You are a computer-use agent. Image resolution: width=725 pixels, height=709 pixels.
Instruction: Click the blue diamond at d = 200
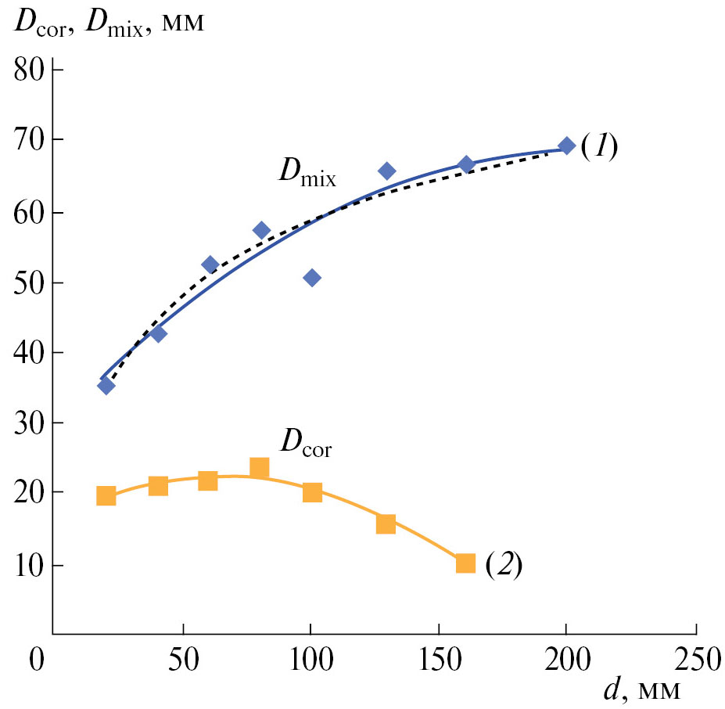567,146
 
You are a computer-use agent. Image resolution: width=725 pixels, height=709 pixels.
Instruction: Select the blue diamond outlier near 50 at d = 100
312,278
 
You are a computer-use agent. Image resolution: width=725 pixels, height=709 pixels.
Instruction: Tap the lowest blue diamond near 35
106,385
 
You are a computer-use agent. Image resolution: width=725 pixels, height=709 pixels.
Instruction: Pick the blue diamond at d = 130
386,171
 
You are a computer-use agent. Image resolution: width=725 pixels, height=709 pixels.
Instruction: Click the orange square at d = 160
465,563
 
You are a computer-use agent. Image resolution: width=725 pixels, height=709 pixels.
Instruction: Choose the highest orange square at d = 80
260,468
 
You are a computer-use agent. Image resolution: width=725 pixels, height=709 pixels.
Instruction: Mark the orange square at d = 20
106,495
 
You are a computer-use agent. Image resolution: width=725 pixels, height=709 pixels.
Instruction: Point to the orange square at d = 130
386,524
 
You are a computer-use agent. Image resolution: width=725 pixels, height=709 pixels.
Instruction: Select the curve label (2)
503,563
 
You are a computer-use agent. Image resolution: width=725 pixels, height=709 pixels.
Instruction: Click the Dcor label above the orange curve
307,445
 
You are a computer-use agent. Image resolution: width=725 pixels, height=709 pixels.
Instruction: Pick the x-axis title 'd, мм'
641,690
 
